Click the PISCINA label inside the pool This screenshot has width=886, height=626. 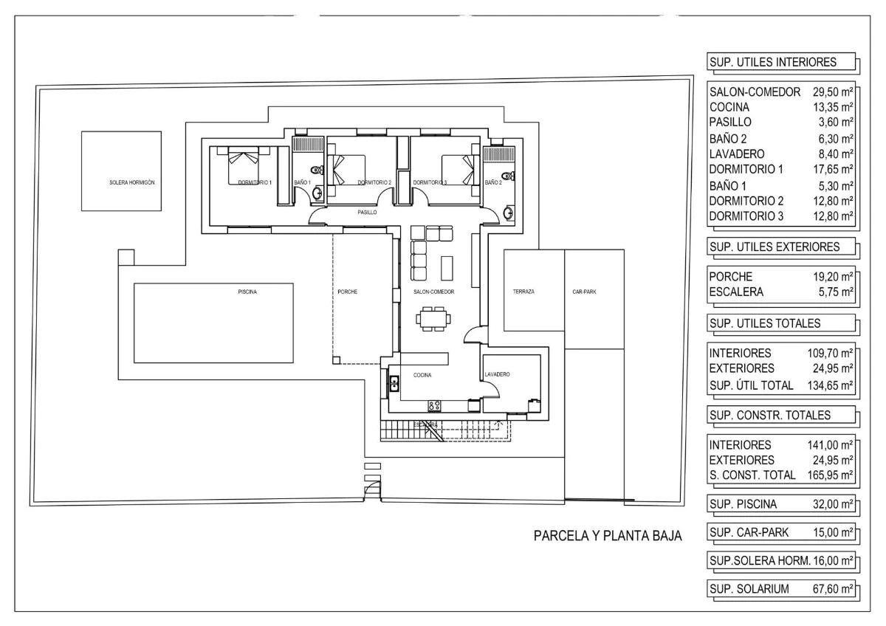[247, 292]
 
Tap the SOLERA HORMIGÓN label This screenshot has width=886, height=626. [132, 182]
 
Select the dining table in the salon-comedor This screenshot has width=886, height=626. [433, 319]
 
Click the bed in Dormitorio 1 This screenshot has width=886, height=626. [243, 165]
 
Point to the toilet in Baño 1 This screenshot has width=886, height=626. [317, 170]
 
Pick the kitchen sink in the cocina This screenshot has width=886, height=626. [394, 384]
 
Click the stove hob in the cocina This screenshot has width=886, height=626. [434, 405]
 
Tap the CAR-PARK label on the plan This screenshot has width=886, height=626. [584, 292]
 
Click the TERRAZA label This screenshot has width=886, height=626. [523, 292]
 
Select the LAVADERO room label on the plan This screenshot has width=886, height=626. [497, 374]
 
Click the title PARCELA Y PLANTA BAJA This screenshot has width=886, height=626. [608, 536]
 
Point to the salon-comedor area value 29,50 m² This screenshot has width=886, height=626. [833, 92]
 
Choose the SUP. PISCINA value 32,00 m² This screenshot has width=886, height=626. [833, 504]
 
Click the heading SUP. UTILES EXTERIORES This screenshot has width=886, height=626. [775, 247]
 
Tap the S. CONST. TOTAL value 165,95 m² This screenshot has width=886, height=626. [830, 475]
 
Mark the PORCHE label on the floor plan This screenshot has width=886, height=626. [347, 292]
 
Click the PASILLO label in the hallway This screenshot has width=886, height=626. [367, 213]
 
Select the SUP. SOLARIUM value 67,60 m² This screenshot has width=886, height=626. [833, 589]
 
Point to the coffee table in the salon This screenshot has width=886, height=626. [447, 268]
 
